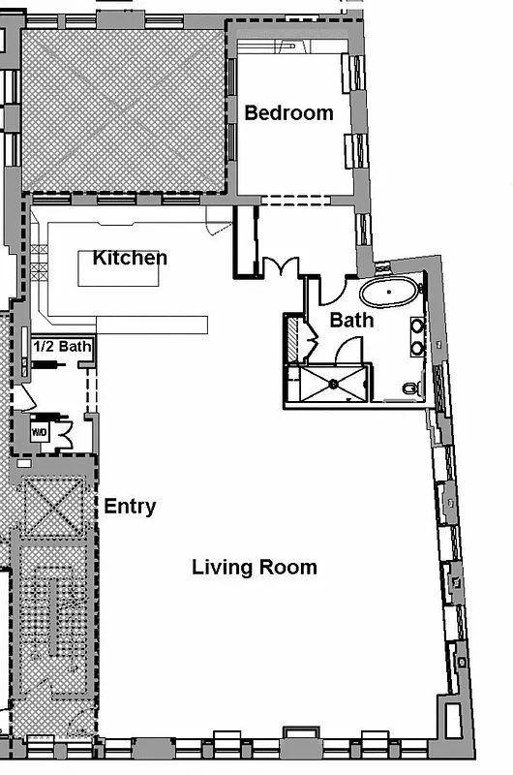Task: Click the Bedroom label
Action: (288, 112)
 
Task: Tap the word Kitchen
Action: (130, 258)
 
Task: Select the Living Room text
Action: (254, 567)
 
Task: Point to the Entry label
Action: (130, 507)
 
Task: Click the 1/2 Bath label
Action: (62, 346)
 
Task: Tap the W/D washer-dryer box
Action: (41, 432)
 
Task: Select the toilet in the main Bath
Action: (410, 389)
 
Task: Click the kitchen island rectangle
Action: (118, 274)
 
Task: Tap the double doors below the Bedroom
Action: (282, 266)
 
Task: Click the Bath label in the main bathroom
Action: (350, 319)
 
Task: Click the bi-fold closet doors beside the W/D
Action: (65, 433)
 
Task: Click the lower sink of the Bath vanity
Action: (418, 348)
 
